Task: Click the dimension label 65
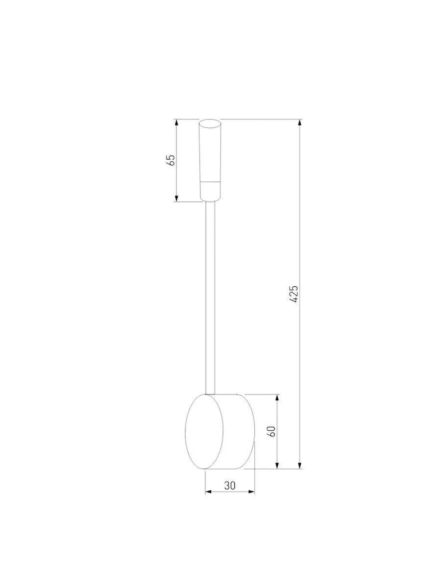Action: [x=171, y=160]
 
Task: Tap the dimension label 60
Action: [x=272, y=431]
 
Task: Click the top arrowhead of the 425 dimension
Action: [x=300, y=122]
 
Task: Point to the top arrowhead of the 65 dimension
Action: [x=176, y=122]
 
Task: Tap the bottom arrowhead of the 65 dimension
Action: [x=176, y=198]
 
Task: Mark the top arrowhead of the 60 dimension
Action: [x=277, y=398]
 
